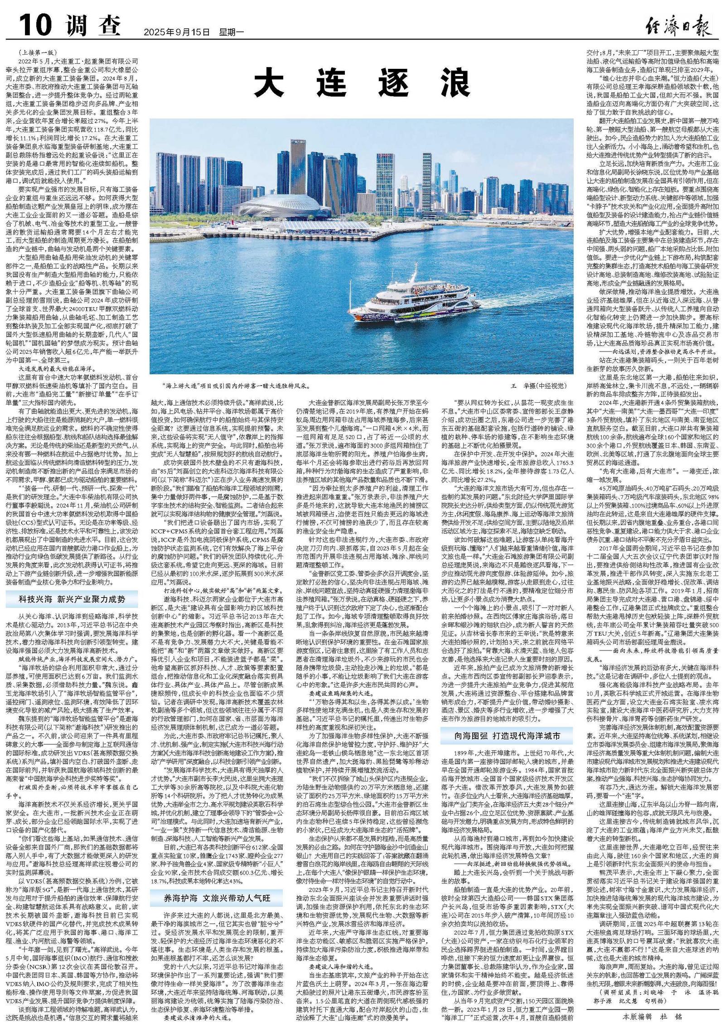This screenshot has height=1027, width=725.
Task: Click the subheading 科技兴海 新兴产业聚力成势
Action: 72,599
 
